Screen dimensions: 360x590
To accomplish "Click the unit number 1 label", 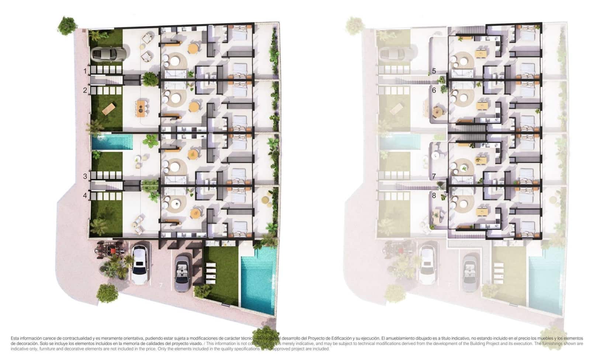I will point(85,71).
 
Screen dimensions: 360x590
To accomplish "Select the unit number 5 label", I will point(434,71).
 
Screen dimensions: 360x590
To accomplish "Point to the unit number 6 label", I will point(434,90).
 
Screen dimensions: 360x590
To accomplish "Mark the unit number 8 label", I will point(434,195).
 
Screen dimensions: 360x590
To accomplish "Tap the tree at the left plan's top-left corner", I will point(67,25).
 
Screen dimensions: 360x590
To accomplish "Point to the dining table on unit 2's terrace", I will point(142,107).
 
